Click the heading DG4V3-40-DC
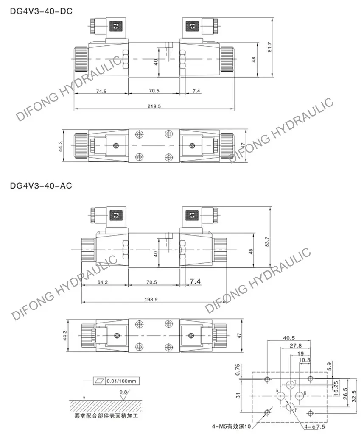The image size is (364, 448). [41, 11]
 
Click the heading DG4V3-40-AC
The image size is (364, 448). [41, 185]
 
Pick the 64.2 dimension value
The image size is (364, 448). [104, 282]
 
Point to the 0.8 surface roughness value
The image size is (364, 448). [123, 392]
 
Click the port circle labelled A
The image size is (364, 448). [281, 396]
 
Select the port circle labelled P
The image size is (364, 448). [291, 407]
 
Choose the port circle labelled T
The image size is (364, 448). [290, 384]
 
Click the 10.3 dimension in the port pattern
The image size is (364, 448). [305, 360]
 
